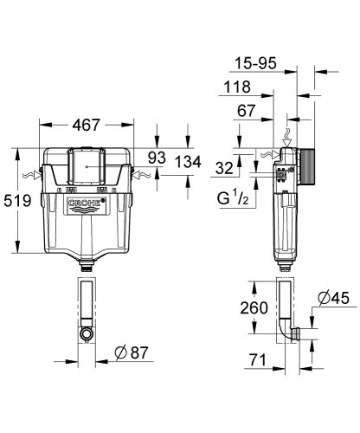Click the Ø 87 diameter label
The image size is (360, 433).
[x=133, y=352]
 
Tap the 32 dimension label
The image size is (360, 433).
[x=224, y=169]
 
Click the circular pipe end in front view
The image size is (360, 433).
[x=86, y=332]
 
